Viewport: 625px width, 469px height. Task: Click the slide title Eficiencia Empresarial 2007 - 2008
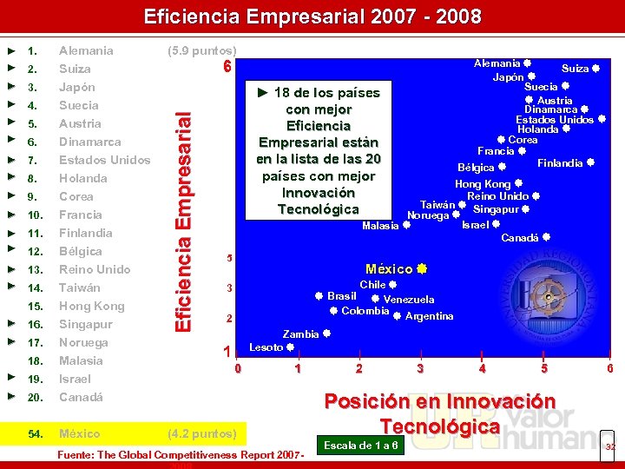coord(312,17)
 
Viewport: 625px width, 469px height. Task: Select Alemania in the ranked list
coord(86,50)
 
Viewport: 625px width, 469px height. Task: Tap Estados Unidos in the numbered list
coord(104,160)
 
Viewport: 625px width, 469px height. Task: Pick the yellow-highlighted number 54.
coord(36,433)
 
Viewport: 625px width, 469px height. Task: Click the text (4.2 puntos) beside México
coord(201,433)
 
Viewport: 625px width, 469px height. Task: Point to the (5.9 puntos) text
coord(201,50)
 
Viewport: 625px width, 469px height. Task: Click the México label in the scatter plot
coord(389,269)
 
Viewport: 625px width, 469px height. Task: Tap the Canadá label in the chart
coord(520,237)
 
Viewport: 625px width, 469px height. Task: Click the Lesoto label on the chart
coord(266,347)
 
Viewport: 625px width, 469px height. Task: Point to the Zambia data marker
coord(327,334)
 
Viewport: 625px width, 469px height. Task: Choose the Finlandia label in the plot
coord(560,163)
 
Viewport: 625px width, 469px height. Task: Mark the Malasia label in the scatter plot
coord(380,225)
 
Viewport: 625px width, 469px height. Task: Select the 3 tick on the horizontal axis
coord(420,368)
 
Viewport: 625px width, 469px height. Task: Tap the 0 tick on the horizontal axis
coord(238,368)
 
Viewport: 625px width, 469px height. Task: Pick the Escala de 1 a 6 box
coord(361,446)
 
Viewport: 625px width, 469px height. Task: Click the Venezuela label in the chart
coord(409,300)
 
